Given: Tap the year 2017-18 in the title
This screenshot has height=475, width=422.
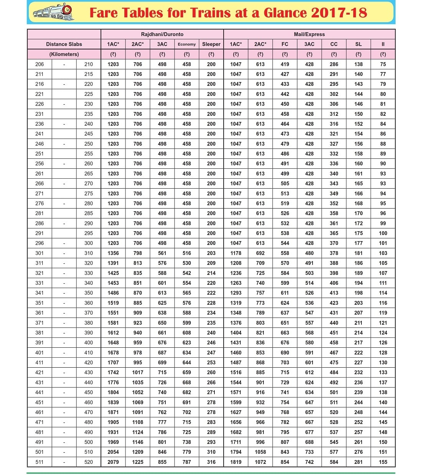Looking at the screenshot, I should pos(339,13).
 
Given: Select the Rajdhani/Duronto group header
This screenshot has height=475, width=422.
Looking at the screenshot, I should pos(162,34).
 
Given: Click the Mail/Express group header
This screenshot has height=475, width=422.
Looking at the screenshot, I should pos(309,34).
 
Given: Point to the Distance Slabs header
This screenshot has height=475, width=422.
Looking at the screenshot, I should pos(64,44).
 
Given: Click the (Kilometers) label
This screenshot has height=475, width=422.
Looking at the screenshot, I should pos(64,54).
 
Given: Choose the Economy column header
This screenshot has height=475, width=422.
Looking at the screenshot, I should pos(187,44).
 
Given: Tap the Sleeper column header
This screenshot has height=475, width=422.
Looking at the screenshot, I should pos(211,44).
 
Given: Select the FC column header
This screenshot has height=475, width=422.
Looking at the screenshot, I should pos(285,44).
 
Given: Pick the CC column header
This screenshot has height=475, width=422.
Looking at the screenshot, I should pos(334,44).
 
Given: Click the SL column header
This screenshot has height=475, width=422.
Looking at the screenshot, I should pos(358,44).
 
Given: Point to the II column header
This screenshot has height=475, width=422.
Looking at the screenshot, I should pos(383,44).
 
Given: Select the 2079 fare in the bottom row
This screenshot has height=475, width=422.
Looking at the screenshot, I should pos(113,462).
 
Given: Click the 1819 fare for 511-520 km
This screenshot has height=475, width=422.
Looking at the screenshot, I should pos(236,462).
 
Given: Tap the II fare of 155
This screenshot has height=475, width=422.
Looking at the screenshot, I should pos(383,462).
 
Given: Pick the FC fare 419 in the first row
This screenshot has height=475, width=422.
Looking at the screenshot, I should pos(285,64).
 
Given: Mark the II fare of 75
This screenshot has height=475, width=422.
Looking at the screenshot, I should pos(383,64).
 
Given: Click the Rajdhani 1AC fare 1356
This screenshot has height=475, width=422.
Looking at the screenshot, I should pos(113,253).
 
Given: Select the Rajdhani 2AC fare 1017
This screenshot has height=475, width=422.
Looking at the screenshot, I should pos(138,372).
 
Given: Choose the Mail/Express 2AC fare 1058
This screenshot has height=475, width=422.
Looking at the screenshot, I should pos(260,452).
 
